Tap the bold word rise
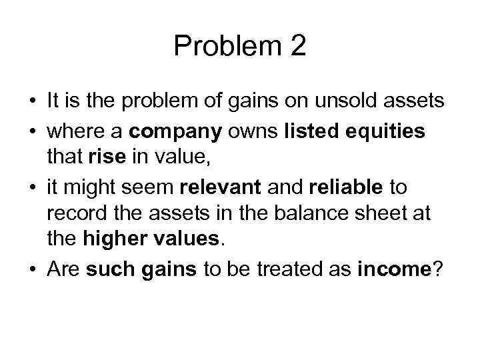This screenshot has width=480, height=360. click(100, 159)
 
